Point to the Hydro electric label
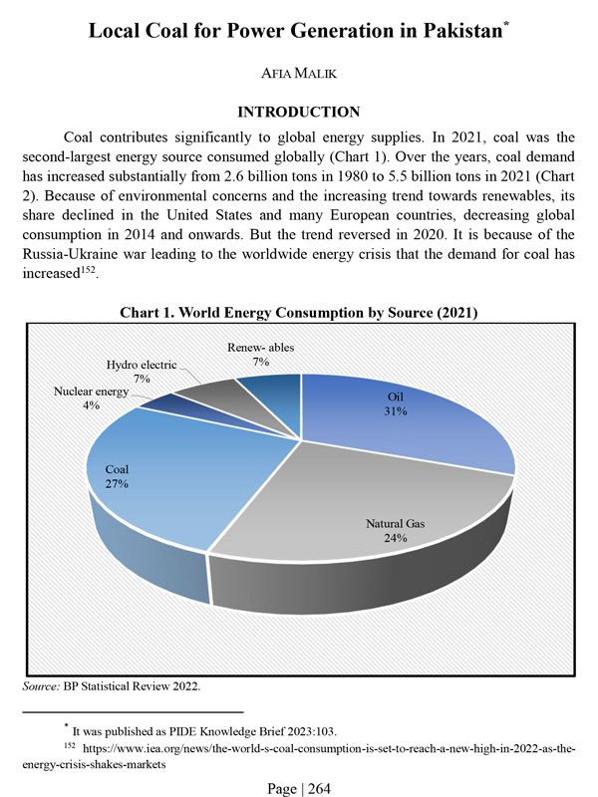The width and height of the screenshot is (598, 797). pos(142,366)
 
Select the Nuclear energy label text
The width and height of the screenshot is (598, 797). pos(91,393)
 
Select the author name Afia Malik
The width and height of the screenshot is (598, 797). pos(299,74)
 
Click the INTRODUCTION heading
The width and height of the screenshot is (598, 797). pos(299,113)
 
